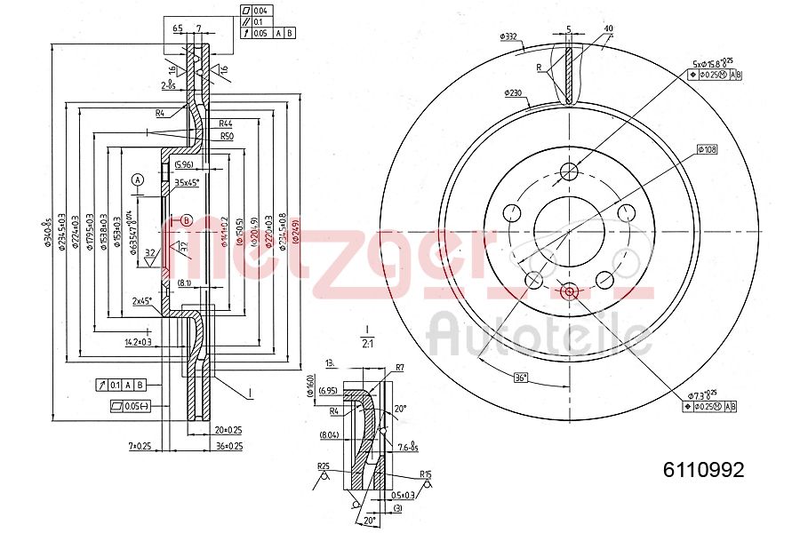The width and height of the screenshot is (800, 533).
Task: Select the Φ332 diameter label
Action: pos(509,36)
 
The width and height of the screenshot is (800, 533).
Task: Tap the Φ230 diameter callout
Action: pos(513,92)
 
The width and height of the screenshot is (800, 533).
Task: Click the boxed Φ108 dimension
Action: pos(706,149)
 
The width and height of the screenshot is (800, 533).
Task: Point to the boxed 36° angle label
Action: pos(523,378)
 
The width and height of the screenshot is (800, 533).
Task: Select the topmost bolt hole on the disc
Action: pos(570,171)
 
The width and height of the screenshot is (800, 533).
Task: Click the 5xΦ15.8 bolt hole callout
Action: pos(712,63)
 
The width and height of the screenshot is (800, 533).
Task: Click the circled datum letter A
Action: pos(138,179)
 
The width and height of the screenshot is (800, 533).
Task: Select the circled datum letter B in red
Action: pos(187,219)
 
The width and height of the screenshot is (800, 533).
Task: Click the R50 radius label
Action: pos(226,136)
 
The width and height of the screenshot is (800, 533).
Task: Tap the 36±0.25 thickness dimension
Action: pos(229,445)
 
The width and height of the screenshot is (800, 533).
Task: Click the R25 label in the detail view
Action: pos(323,465)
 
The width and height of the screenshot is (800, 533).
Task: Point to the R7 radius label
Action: pos(400,367)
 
